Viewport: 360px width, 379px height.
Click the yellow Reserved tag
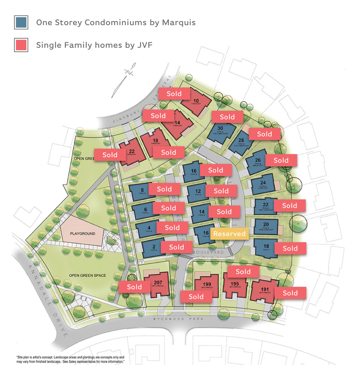coord(229,234)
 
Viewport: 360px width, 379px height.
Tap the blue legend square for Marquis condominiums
coord(21,22)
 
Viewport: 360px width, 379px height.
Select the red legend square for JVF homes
coord(21,45)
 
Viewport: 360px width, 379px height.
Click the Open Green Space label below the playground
coord(87,275)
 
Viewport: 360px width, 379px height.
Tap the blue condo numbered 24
coord(263,184)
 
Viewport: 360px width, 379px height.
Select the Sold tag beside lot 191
coord(290,293)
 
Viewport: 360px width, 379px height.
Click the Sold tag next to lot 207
coord(134,287)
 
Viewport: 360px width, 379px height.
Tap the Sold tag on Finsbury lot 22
coord(110,154)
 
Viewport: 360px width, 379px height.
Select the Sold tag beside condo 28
coord(265,134)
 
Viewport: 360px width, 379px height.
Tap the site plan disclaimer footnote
coord(70,360)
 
